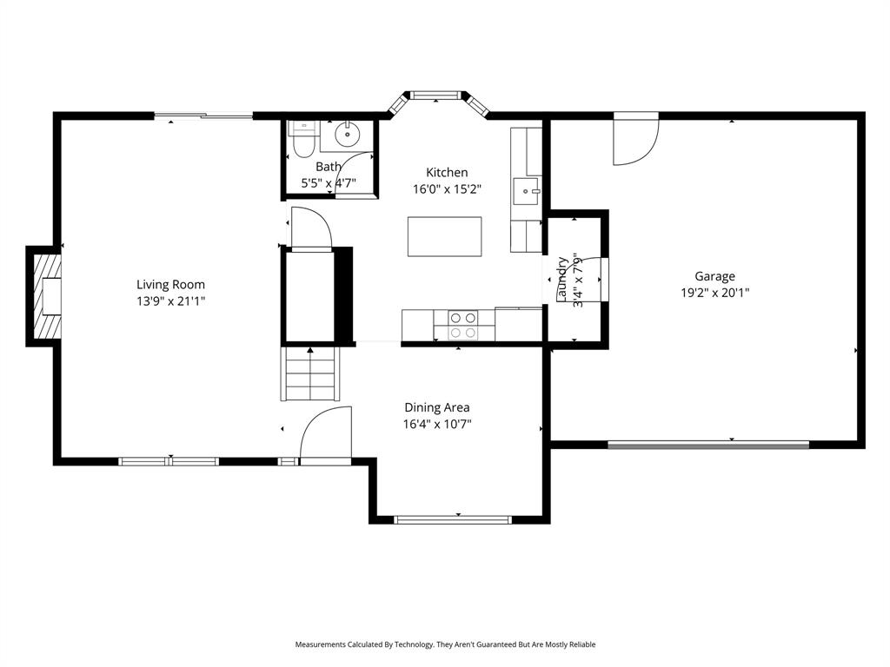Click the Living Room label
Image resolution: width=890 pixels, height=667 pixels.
point(170,284)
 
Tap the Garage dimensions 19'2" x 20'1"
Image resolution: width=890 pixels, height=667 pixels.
point(714,294)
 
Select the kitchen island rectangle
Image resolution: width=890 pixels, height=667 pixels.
point(444,237)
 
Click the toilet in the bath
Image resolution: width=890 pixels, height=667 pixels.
point(303,141)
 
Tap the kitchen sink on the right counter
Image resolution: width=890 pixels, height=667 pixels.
point(526,189)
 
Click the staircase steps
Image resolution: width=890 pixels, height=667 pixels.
point(309,374)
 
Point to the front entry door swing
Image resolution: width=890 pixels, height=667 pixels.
point(326,432)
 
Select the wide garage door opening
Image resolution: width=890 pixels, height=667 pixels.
point(707,445)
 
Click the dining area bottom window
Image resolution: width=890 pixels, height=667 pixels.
point(452,519)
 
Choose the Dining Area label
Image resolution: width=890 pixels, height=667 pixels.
point(437,407)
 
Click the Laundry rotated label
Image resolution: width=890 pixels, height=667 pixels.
point(562,281)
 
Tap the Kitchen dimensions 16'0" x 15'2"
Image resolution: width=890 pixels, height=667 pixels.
point(447,188)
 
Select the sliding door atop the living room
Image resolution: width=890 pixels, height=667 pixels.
point(204,116)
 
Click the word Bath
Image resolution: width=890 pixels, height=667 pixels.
point(329,167)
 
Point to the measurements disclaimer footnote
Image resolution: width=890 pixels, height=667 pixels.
point(445,644)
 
